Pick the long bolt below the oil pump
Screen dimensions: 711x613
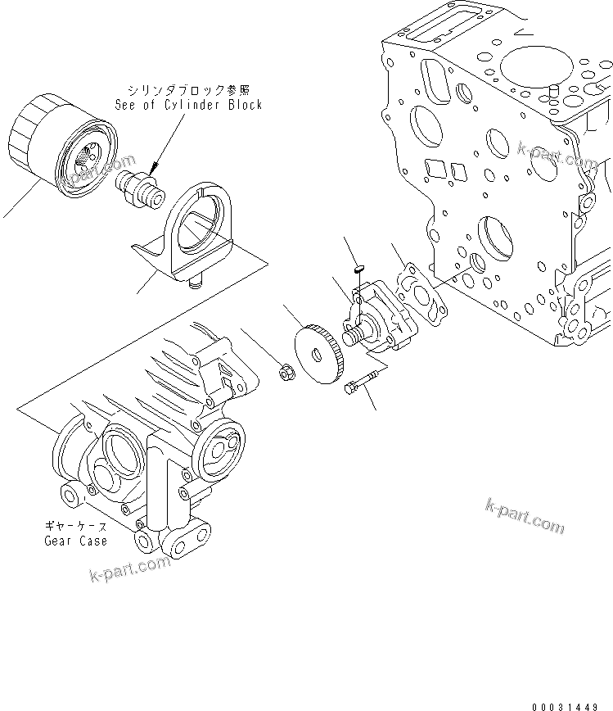(360, 382)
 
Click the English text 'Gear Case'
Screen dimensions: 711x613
(74, 541)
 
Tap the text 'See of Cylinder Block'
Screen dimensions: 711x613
(195, 105)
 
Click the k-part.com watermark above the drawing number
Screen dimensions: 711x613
(525, 514)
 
